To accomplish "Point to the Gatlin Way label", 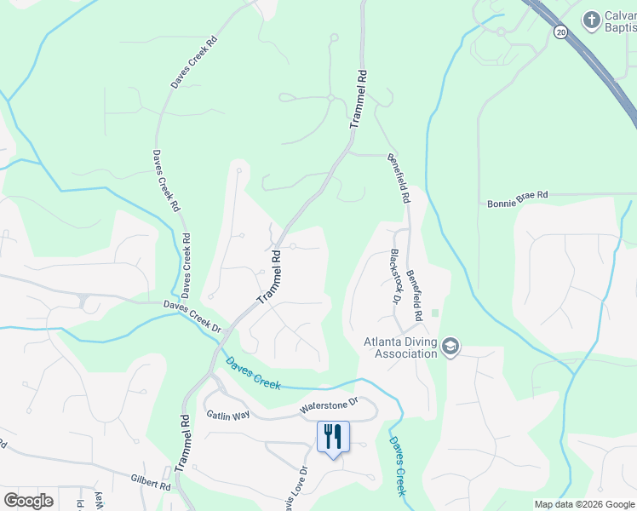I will [227, 414].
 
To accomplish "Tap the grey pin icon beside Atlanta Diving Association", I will [450, 347].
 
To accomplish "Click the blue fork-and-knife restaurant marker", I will [333, 437].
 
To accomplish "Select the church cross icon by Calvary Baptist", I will [590, 20].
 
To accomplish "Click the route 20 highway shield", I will [560, 32].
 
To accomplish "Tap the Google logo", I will [28, 501].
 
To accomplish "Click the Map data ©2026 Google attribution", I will [584, 504].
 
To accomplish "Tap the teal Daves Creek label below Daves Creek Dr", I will [253, 372].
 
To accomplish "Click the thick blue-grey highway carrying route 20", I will [596, 68].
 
